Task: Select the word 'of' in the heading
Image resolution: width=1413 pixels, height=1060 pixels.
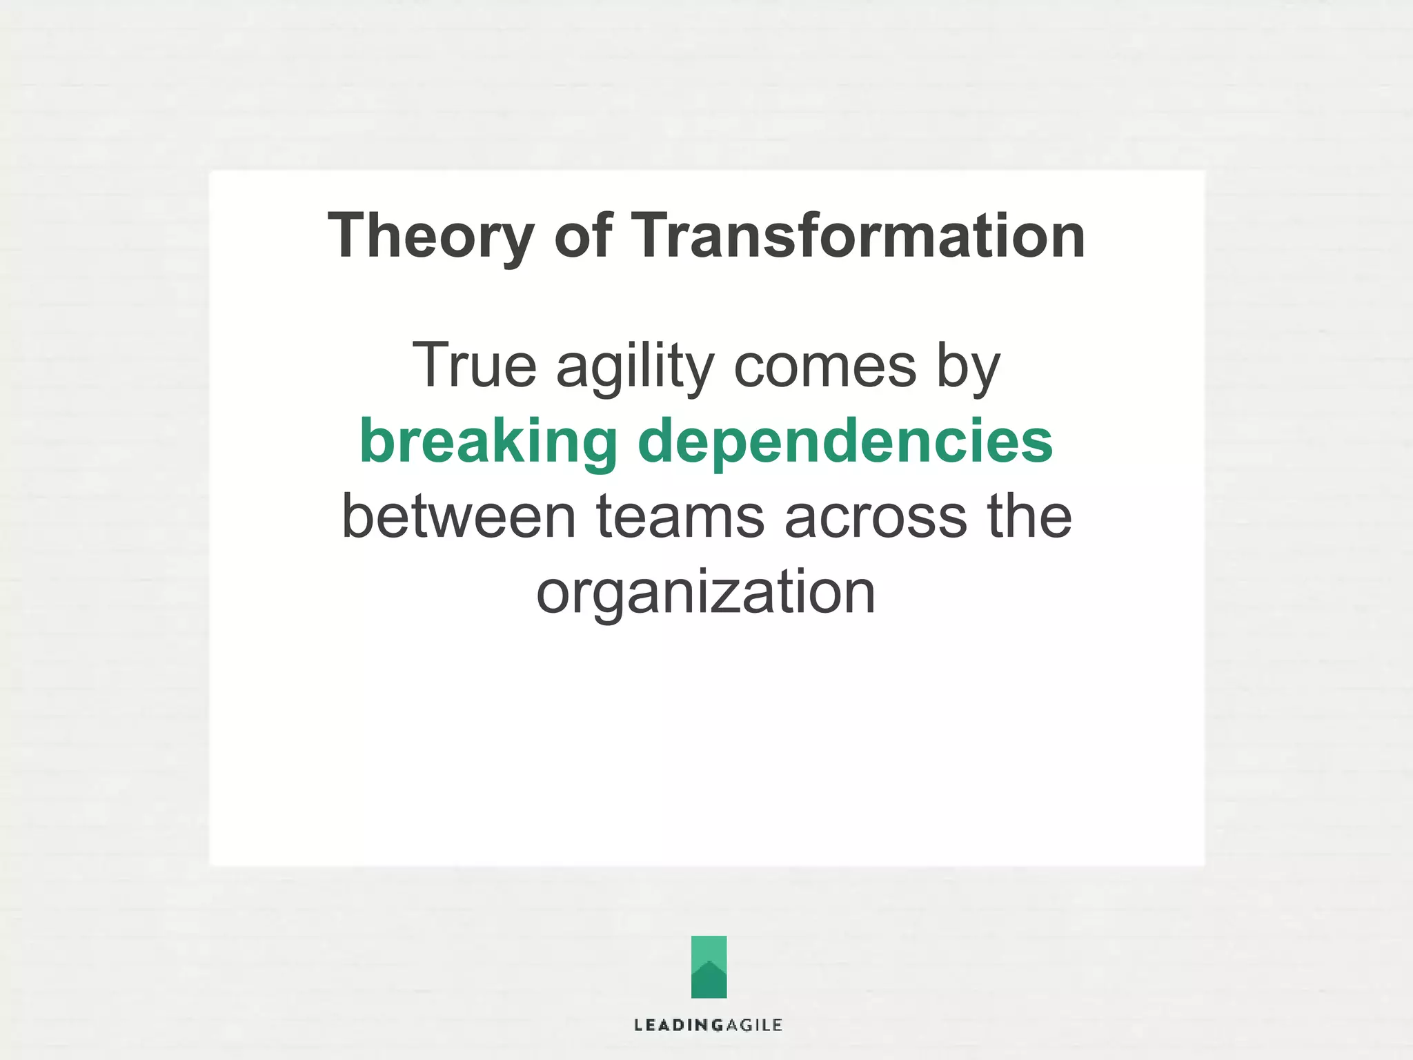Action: tap(583, 236)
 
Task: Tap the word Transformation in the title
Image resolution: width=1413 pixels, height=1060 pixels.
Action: tap(858, 236)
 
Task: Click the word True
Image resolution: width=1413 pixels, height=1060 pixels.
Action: tap(474, 366)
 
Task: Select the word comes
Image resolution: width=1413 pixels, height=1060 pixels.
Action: tap(824, 366)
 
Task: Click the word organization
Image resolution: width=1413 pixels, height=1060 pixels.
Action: tap(706, 592)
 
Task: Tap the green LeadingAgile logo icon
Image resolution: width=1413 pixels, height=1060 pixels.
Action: tap(709, 966)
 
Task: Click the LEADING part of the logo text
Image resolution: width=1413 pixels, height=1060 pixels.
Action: tap(669, 1025)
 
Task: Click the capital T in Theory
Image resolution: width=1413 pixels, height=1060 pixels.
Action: tap(348, 236)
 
